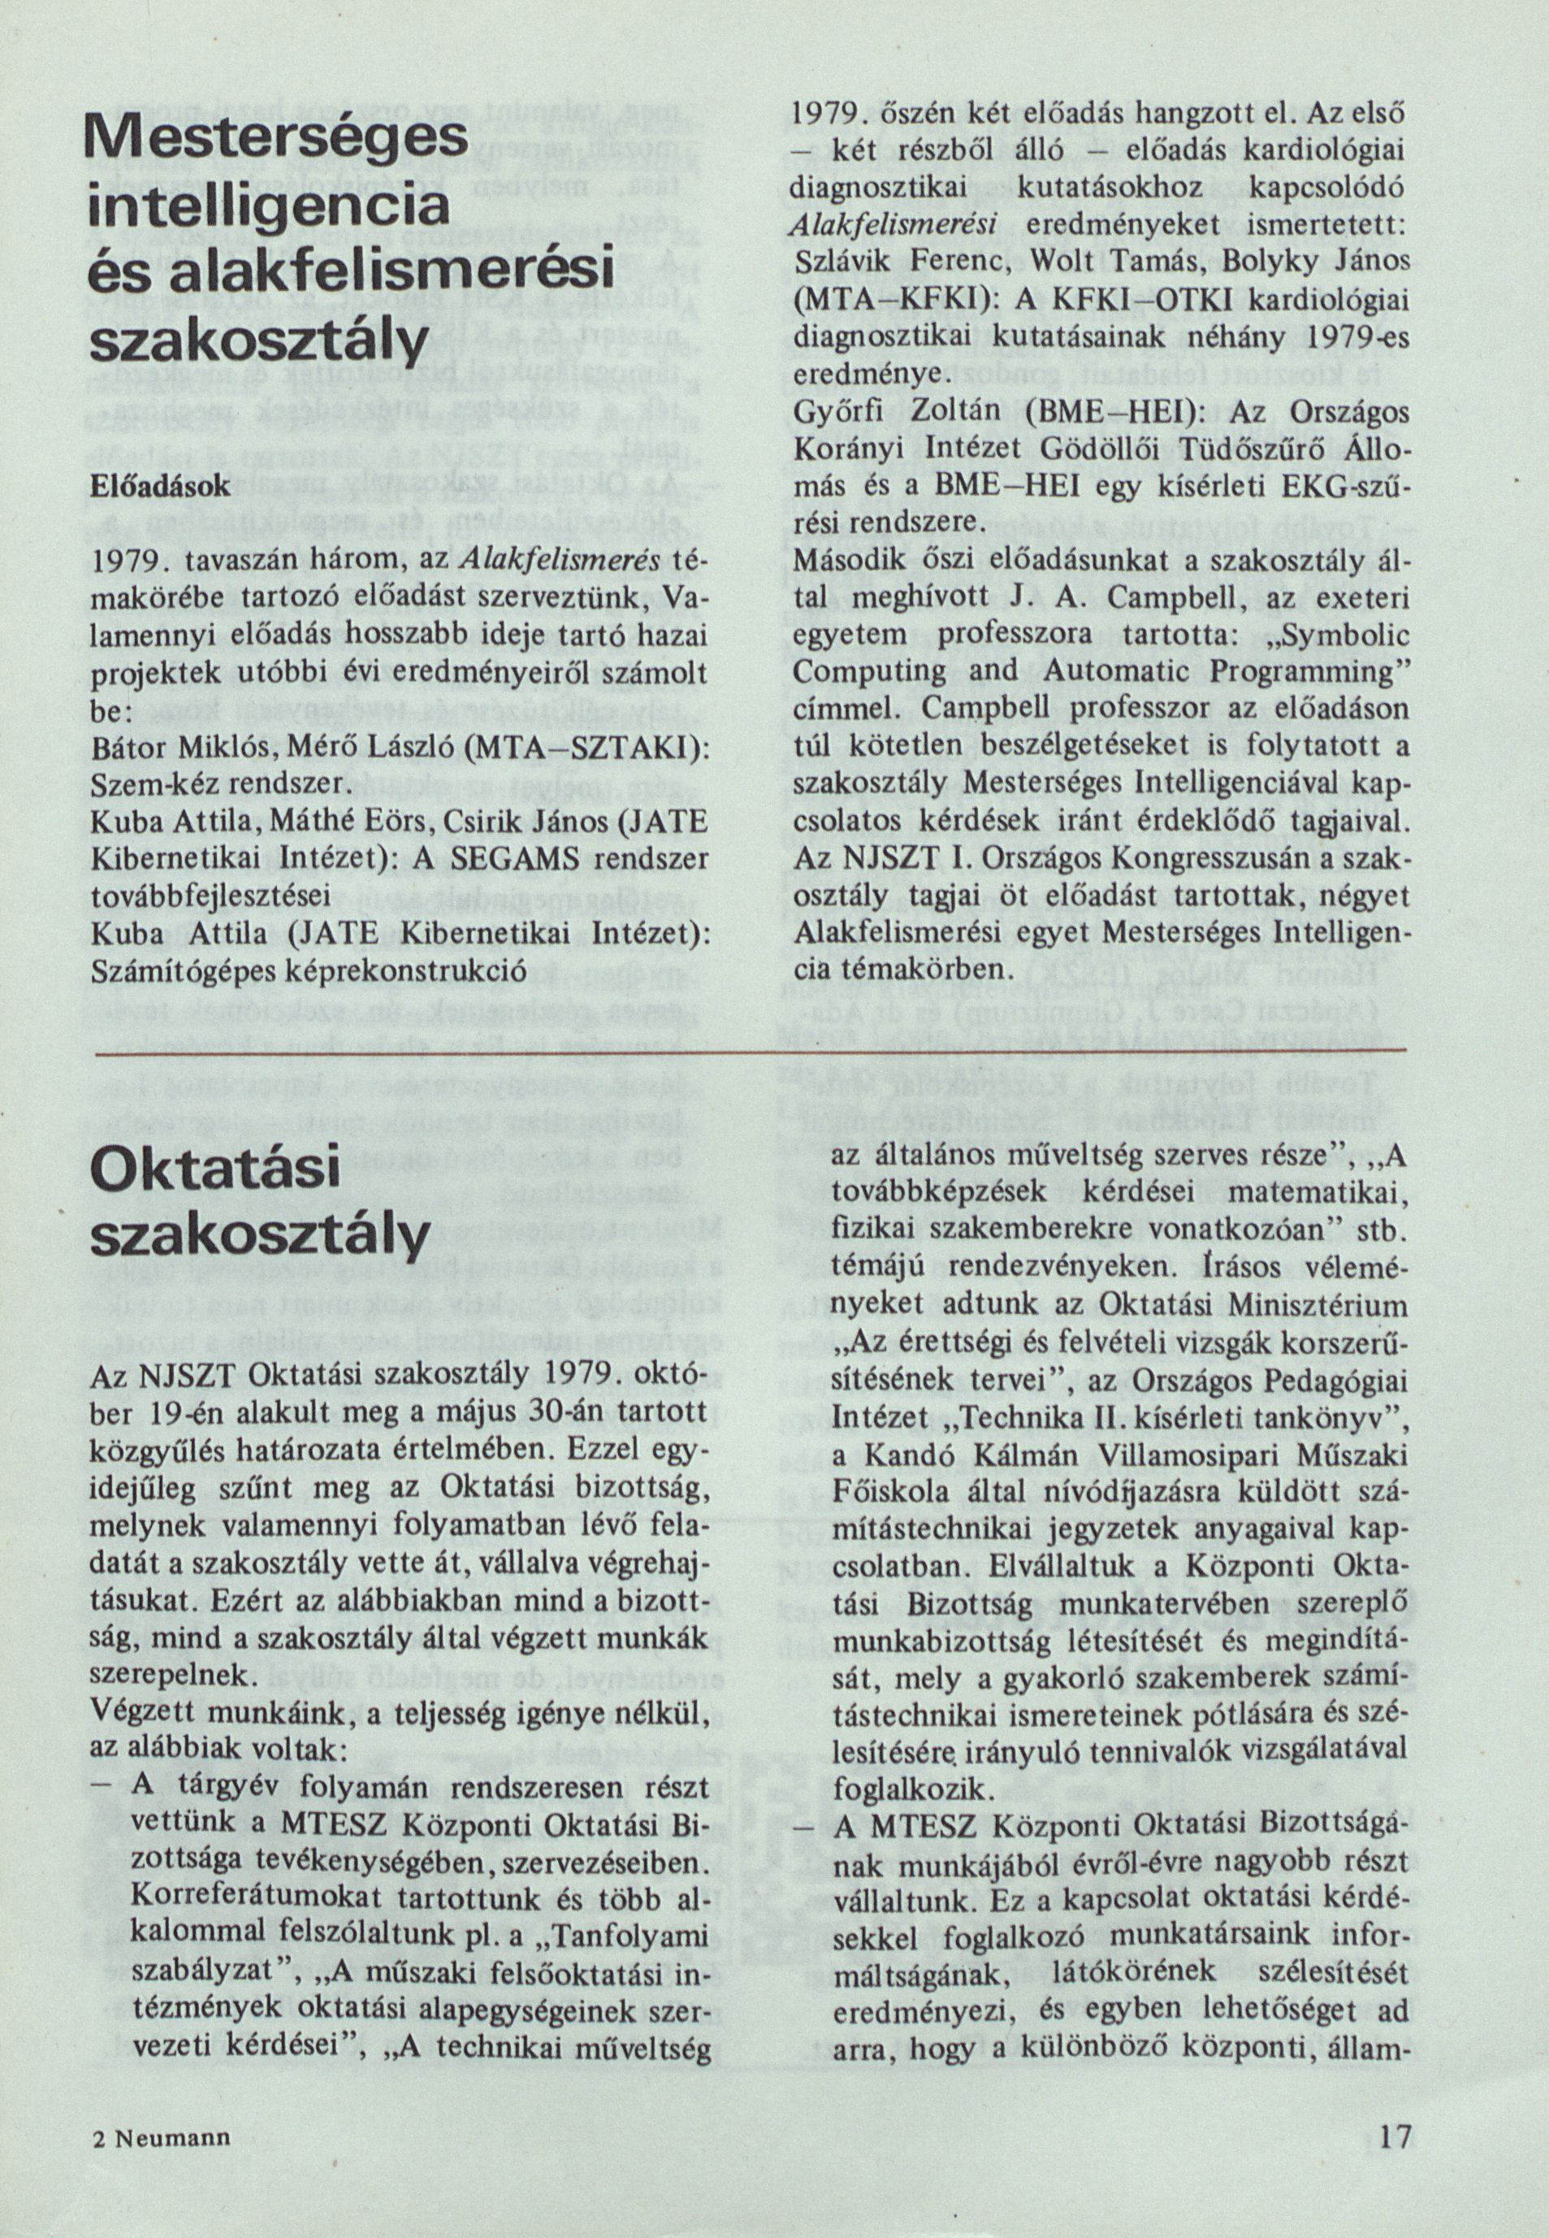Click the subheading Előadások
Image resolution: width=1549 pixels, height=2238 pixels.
click(x=160, y=487)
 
